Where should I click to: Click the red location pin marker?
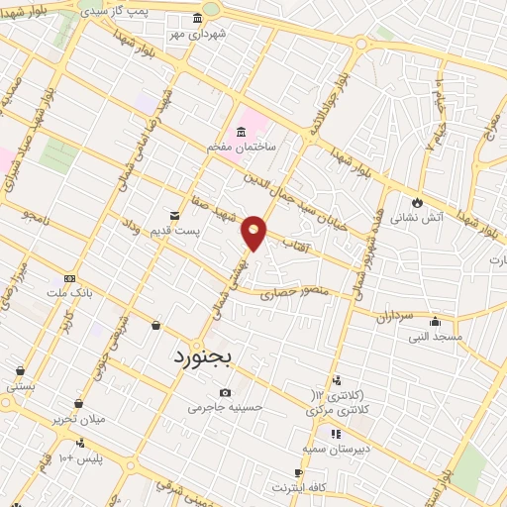(x=254, y=232)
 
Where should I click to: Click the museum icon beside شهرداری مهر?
(x=198, y=18)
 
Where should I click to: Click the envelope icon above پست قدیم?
(x=175, y=215)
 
